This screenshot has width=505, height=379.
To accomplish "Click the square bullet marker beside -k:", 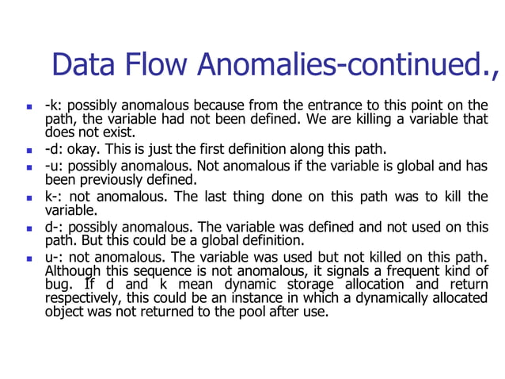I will click(28, 106).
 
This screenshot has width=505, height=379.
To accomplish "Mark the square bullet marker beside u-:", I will click(28, 258).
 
